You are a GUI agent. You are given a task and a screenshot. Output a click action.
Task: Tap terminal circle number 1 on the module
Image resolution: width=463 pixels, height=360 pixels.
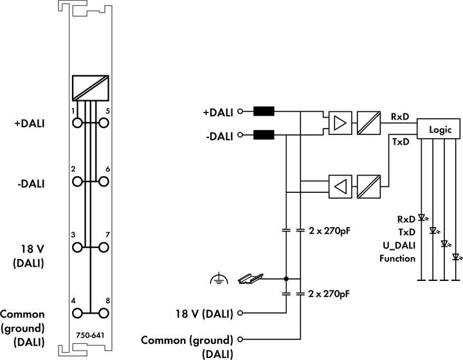click(77, 122)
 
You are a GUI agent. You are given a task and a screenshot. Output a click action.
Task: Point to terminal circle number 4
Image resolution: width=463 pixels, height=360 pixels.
click(77, 314)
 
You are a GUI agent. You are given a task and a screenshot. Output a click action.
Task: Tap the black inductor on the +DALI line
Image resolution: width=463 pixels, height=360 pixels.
click(264, 111)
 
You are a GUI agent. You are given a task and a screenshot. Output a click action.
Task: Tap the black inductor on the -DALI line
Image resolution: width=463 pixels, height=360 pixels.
click(264, 135)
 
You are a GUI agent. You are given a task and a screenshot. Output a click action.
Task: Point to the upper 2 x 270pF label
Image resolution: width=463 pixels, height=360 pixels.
click(329, 230)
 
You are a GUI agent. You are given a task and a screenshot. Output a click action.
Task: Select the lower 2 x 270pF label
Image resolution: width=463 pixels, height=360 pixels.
click(329, 294)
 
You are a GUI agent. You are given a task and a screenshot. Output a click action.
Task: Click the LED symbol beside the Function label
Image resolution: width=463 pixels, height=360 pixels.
click(456, 257)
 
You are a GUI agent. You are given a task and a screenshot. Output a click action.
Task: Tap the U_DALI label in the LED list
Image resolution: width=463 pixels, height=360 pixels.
click(398, 245)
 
